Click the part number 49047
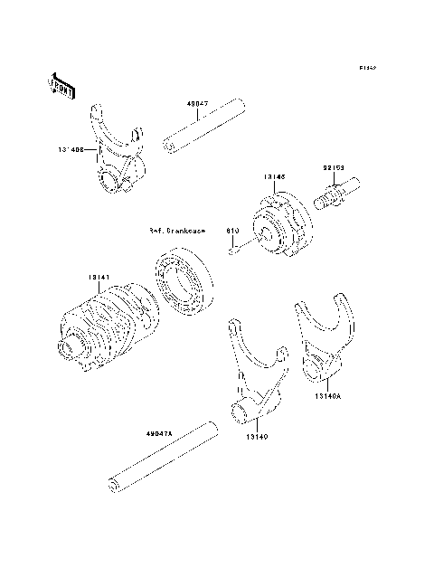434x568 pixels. (198, 103)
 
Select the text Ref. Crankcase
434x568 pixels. (176, 231)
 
